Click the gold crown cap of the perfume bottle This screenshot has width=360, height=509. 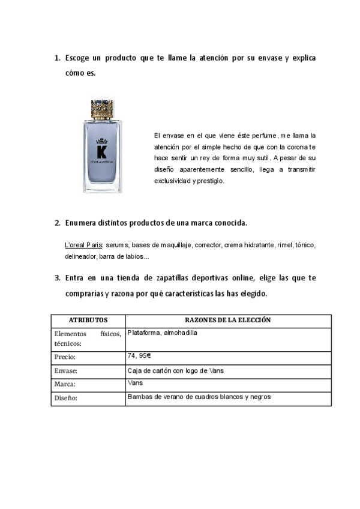tap(101, 109)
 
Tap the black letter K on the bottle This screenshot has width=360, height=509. tap(101, 151)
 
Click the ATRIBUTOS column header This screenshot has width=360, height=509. tap(88, 321)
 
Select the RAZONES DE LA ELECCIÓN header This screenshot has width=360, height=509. tap(227, 321)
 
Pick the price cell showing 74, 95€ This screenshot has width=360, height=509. tap(139, 356)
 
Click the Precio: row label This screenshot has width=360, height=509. tap(65, 357)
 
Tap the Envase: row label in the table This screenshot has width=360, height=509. tap(66, 371)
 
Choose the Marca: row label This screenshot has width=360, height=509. tap(65, 385)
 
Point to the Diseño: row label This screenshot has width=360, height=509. tap(66, 398)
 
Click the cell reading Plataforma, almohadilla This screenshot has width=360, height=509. tap(162, 333)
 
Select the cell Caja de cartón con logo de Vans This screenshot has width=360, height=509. tap(175, 371)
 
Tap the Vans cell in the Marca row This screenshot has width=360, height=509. tap(134, 382)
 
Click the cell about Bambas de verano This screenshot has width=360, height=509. tap(199, 397)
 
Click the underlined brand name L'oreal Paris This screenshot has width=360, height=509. tap(83, 245)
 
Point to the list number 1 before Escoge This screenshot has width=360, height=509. tap(57, 58)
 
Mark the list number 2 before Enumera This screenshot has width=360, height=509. tap(57, 223)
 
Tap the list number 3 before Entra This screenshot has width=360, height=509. tap(57, 278)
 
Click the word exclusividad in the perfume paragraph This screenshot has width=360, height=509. tap(172, 181)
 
